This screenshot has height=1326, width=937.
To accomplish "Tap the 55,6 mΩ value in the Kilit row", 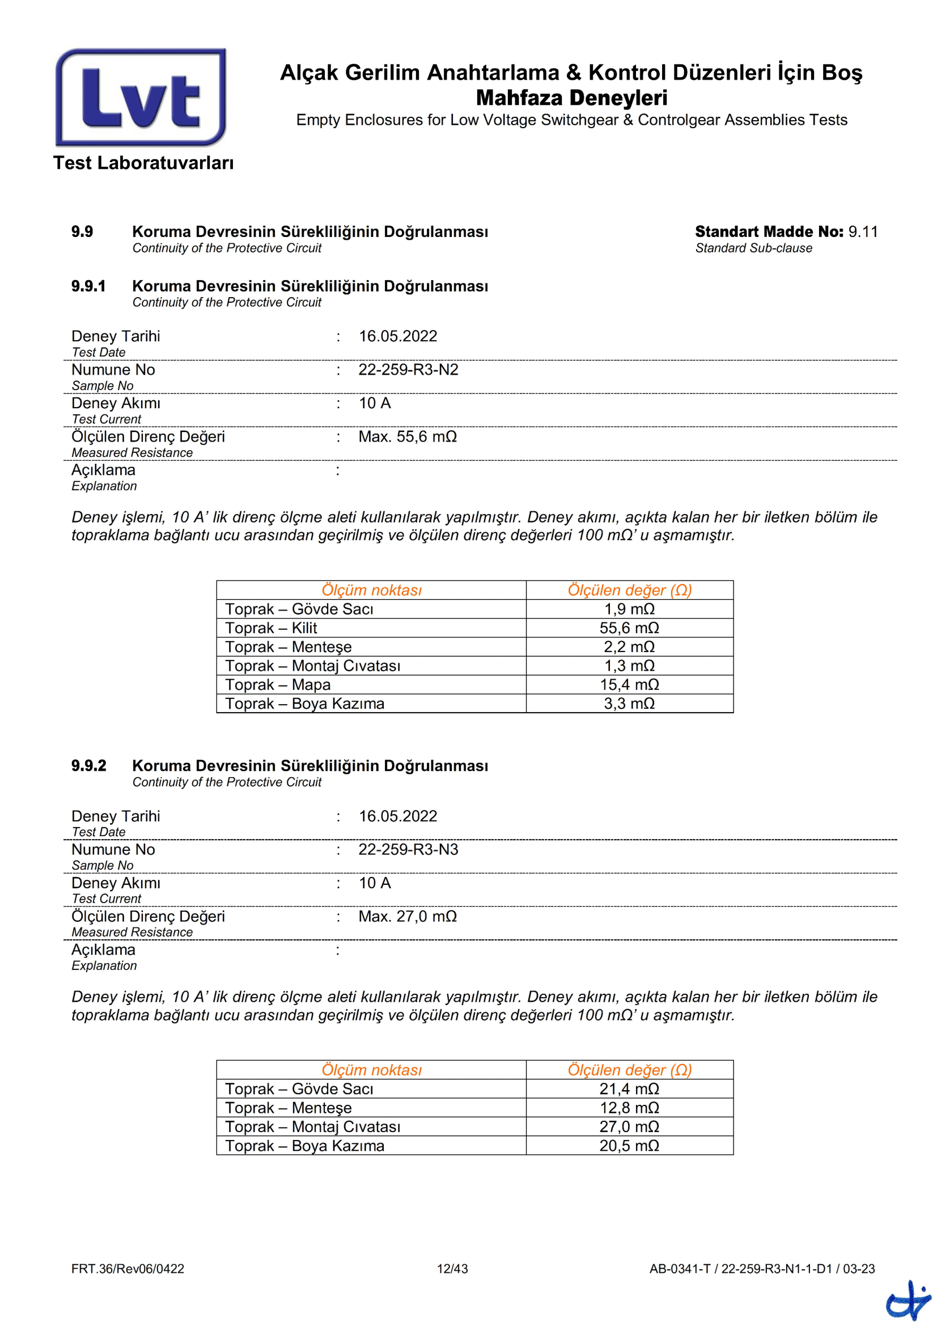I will (629, 628).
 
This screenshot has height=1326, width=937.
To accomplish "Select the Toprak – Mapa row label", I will (278, 684).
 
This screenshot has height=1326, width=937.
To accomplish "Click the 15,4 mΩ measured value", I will (629, 684).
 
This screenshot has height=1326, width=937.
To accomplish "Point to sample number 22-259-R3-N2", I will (408, 370).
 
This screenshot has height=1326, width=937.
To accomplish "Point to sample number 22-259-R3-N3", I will (408, 850).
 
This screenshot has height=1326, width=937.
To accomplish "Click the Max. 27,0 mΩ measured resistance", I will (408, 917).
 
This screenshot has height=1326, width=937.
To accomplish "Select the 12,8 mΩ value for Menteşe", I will (629, 1108).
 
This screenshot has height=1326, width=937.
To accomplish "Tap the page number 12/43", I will (452, 1269).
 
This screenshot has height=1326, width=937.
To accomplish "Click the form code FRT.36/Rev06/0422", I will (128, 1269).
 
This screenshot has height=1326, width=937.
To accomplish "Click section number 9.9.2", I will (89, 766).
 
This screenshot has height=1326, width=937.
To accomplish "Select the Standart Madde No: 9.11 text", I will (786, 232).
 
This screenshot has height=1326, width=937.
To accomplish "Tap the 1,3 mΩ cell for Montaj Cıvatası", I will (629, 666).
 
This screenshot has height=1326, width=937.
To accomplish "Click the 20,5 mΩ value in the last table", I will (629, 1146).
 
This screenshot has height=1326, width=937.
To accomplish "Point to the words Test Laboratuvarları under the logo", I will (143, 163).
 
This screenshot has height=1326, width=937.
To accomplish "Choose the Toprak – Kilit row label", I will (271, 628).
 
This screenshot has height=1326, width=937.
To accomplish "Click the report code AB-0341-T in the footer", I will (680, 1269).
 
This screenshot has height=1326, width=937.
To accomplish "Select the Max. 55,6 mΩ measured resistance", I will (408, 437).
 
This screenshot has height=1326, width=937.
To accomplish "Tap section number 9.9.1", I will (88, 286).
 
